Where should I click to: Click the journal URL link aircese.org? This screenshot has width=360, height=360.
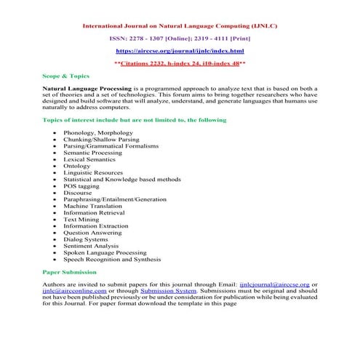coord(180,51)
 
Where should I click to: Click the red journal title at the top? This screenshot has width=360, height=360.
coord(180,25)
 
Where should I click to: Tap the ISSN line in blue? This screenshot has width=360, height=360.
coord(180,38)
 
